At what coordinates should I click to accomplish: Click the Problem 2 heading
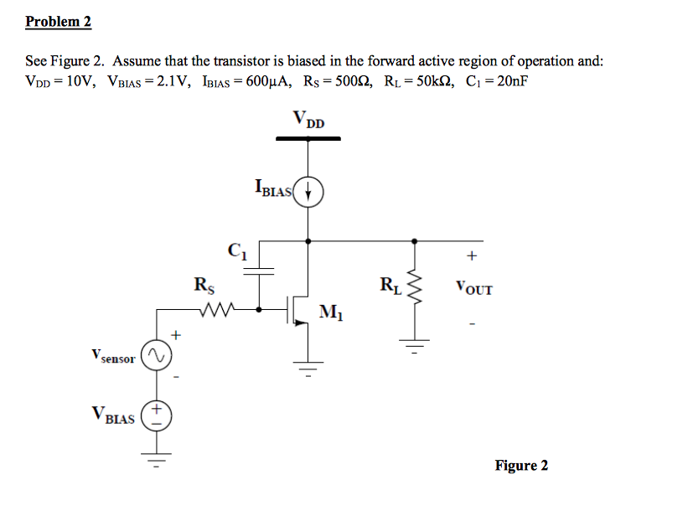pyautogui.click(x=58, y=22)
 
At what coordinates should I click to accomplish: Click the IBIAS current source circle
pyautogui.click(x=309, y=191)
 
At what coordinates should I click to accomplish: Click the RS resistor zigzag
pyautogui.click(x=220, y=309)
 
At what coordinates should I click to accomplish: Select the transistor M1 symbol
pyautogui.click(x=297, y=310)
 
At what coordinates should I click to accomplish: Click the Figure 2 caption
pyautogui.click(x=521, y=466)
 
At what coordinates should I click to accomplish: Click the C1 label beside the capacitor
pyautogui.click(x=235, y=250)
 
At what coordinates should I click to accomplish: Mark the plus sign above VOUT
pyautogui.click(x=472, y=255)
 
